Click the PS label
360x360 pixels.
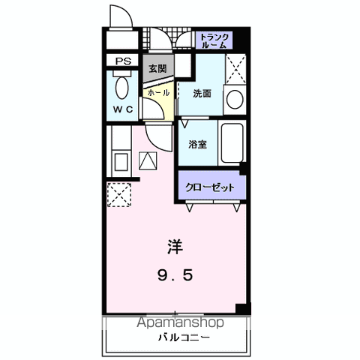123,61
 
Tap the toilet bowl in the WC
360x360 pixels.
122,88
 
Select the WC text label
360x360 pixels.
123,109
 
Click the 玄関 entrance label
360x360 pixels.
157,68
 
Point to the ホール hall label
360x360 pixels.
158,93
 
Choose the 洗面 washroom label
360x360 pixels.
202,94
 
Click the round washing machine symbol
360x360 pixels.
235,99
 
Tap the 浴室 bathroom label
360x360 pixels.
197,144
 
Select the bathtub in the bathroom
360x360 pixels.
232,142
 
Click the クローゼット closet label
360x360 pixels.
210,187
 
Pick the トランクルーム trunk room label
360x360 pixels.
214,40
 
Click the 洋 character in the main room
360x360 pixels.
175,247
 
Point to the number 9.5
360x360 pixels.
175,275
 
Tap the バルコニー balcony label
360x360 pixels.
184,337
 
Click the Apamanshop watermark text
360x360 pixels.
180,322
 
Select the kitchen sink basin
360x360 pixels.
121,162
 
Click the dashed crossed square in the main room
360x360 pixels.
119,195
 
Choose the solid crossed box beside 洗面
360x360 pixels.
235,68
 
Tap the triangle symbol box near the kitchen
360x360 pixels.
148,160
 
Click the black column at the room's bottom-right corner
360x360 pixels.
243,309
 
